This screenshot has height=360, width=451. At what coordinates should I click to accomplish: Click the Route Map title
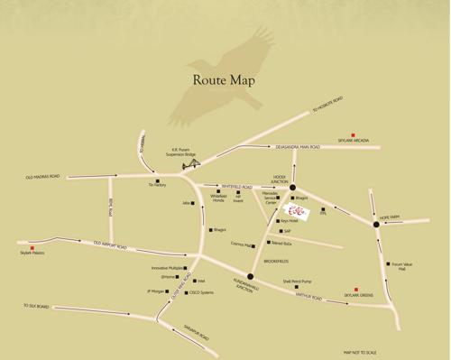click(x=225, y=80)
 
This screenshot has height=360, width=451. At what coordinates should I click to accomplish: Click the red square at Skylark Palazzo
click(x=32, y=247)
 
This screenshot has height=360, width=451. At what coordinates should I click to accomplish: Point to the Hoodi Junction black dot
click(x=293, y=188)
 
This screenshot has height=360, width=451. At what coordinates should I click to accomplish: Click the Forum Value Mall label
click(x=397, y=267)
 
